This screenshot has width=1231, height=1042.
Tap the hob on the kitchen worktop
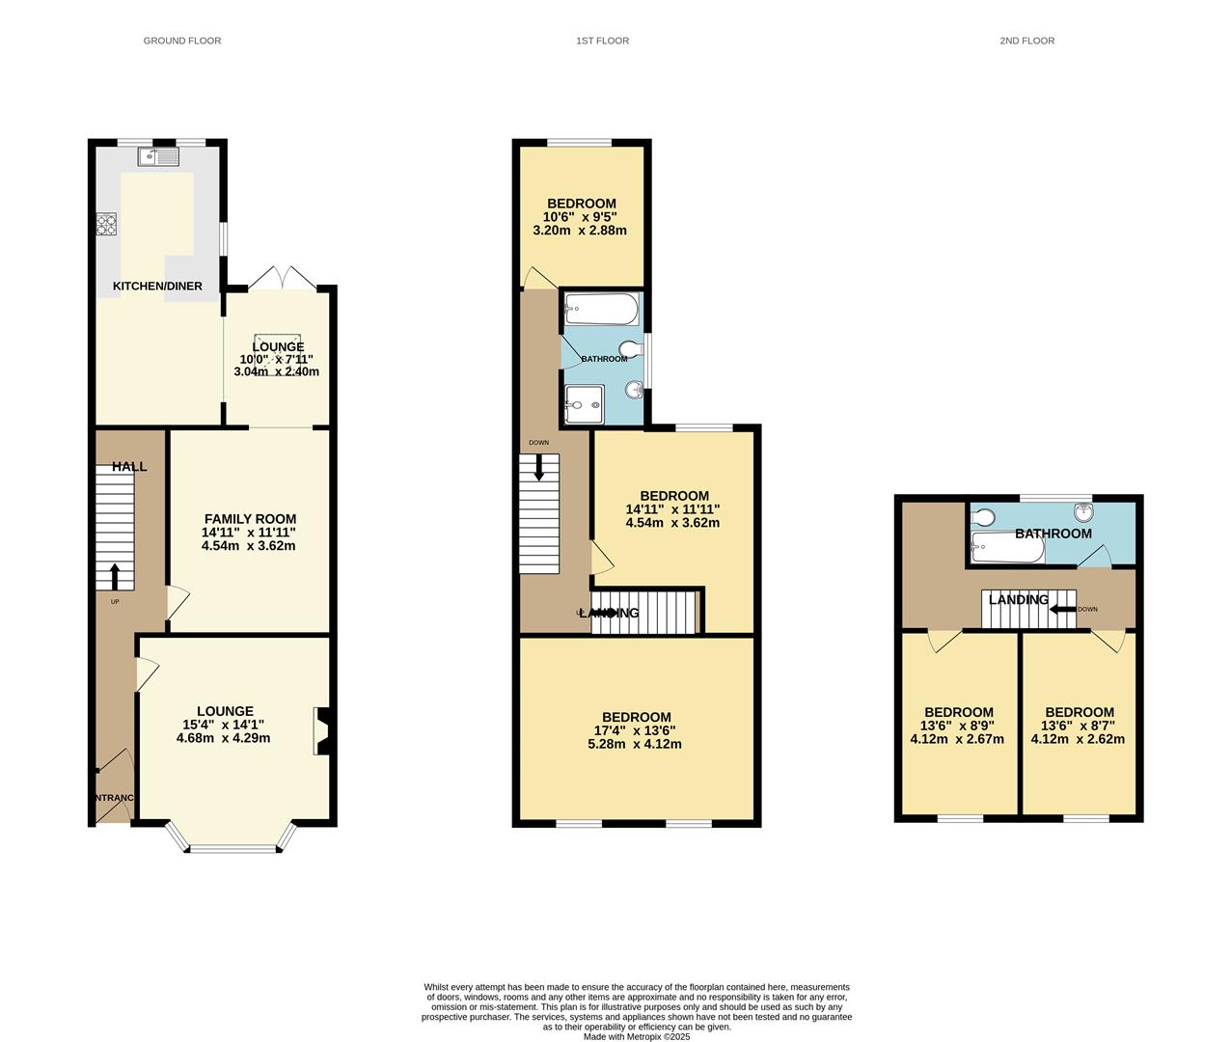pyautogui.click(x=106, y=224)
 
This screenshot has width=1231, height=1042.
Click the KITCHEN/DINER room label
pyautogui.click(x=157, y=287)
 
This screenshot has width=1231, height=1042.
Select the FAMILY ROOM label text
pyautogui.click(x=250, y=519)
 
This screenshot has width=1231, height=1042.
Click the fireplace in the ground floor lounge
pyautogui.click(x=323, y=731)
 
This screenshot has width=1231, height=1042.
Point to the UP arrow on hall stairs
pyautogui.click(x=115, y=576)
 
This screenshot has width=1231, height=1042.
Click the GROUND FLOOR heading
pyautogui.click(x=181, y=41)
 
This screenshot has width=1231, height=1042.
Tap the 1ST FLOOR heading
pyautogui.click(x=602, y=41)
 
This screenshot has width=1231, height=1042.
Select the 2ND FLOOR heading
pyautogui.click(x=1026, y=41)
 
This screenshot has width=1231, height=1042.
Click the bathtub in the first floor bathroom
pyautogui.click(x=600, y=310)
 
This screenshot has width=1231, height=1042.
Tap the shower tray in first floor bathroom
pyautogui.click(x=585, y=402)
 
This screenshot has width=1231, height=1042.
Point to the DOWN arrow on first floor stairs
pyautogui.click(x=538, y=467)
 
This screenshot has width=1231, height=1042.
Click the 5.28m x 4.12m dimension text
pyautogui.click(x=635, y=744)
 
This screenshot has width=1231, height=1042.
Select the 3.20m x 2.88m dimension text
pyautogui.click(x=580, y=231)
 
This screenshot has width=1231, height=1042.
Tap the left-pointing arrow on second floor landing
pyautogui.click(x=1062, y=609)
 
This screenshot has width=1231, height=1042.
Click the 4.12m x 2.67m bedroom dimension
pyautogui.click(x=957, y=740)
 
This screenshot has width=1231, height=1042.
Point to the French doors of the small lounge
pyautogui.click(x=282, y=278)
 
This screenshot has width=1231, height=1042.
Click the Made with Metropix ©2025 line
pyautogui.click(x=636, y=1037)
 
